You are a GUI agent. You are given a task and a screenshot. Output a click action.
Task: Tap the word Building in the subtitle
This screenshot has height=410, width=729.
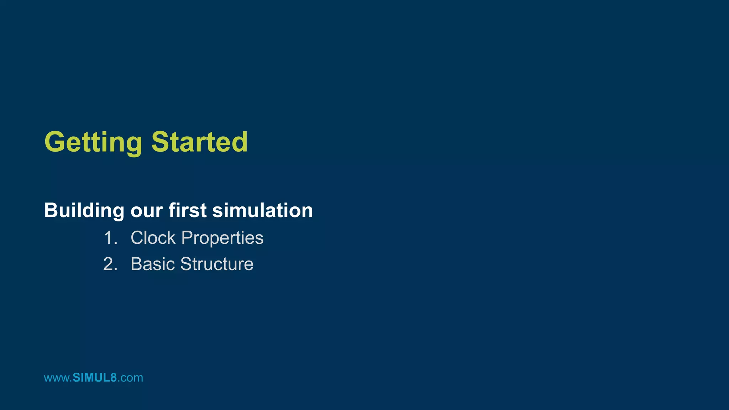84,210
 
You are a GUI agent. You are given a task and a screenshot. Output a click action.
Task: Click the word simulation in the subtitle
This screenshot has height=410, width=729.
262,210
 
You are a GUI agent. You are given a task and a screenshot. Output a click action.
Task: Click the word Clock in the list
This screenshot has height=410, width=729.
153,238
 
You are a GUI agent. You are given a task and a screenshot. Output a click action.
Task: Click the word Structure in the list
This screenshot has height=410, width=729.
216,264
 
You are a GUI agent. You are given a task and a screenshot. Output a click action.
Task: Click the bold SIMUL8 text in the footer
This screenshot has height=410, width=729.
95,378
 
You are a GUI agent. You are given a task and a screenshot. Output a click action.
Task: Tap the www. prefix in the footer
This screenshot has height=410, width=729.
58,378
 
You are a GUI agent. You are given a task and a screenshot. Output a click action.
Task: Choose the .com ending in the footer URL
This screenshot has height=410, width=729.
130,378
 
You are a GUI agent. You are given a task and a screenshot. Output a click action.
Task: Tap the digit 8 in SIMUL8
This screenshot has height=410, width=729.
114,378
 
